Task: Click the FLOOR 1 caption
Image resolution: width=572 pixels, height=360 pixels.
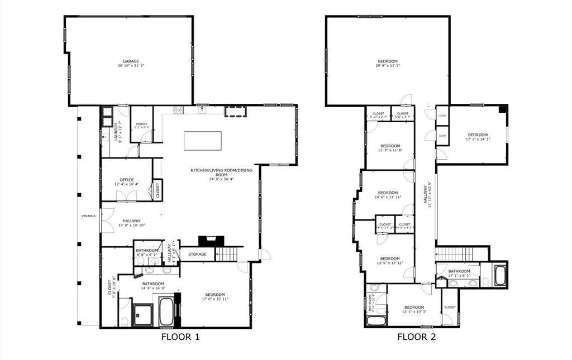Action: [x=180, y=337]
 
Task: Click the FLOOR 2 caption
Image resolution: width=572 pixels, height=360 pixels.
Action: [x=416, y=337]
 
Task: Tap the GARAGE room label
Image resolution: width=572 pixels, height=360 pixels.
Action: [x=131, y=61]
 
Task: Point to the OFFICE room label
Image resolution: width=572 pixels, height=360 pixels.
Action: [x=126, y=180]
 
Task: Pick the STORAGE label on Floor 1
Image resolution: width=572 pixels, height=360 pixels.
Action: [x=197, y=255]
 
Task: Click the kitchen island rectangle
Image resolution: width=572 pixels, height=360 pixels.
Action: [x=202, y=141]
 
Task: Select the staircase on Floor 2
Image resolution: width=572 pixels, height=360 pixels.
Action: [x=454, y=255]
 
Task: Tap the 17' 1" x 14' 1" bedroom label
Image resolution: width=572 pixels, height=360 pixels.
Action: [x=478, y=137]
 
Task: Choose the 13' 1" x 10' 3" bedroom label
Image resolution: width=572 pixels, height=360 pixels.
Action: [x=414, y=309]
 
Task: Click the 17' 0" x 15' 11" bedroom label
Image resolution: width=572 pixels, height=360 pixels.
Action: [x=214, y=297]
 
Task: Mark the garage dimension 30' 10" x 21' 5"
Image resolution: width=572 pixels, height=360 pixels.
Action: [x=131, y=66]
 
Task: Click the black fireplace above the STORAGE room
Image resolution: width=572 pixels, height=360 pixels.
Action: [x=211, y=241]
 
